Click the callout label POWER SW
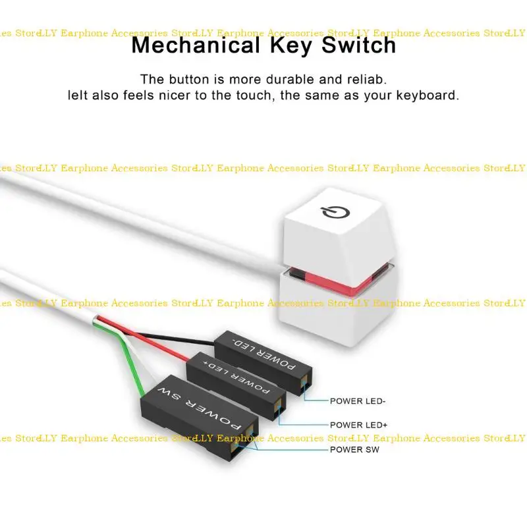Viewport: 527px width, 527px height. click(355, 449)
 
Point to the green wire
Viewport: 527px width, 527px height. click(135, 369)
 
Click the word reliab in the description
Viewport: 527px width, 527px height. click(366, 79)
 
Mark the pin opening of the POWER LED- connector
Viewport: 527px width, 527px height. click(304, 385)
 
